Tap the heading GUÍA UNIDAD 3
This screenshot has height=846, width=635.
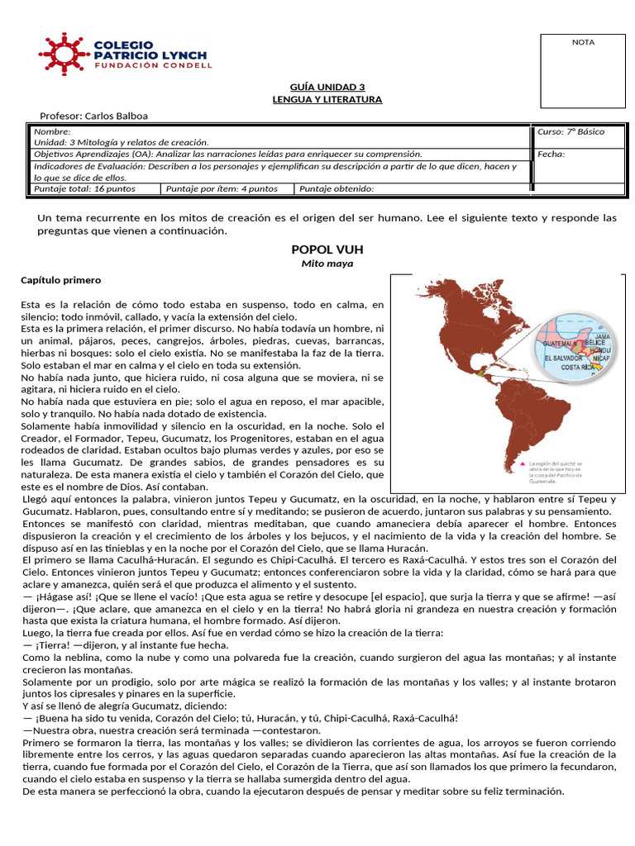pos(327,87)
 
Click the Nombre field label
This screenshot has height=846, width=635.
pos(52,131)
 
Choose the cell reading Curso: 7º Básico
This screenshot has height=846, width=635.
pos(571,131)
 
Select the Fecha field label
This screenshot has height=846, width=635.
pos(551,154)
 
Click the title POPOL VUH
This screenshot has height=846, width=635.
pos(327,249)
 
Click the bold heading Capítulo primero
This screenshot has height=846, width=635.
pos(60,281)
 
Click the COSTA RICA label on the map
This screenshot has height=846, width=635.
pos(579,366)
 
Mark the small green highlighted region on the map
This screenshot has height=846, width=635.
pos(479,373)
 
